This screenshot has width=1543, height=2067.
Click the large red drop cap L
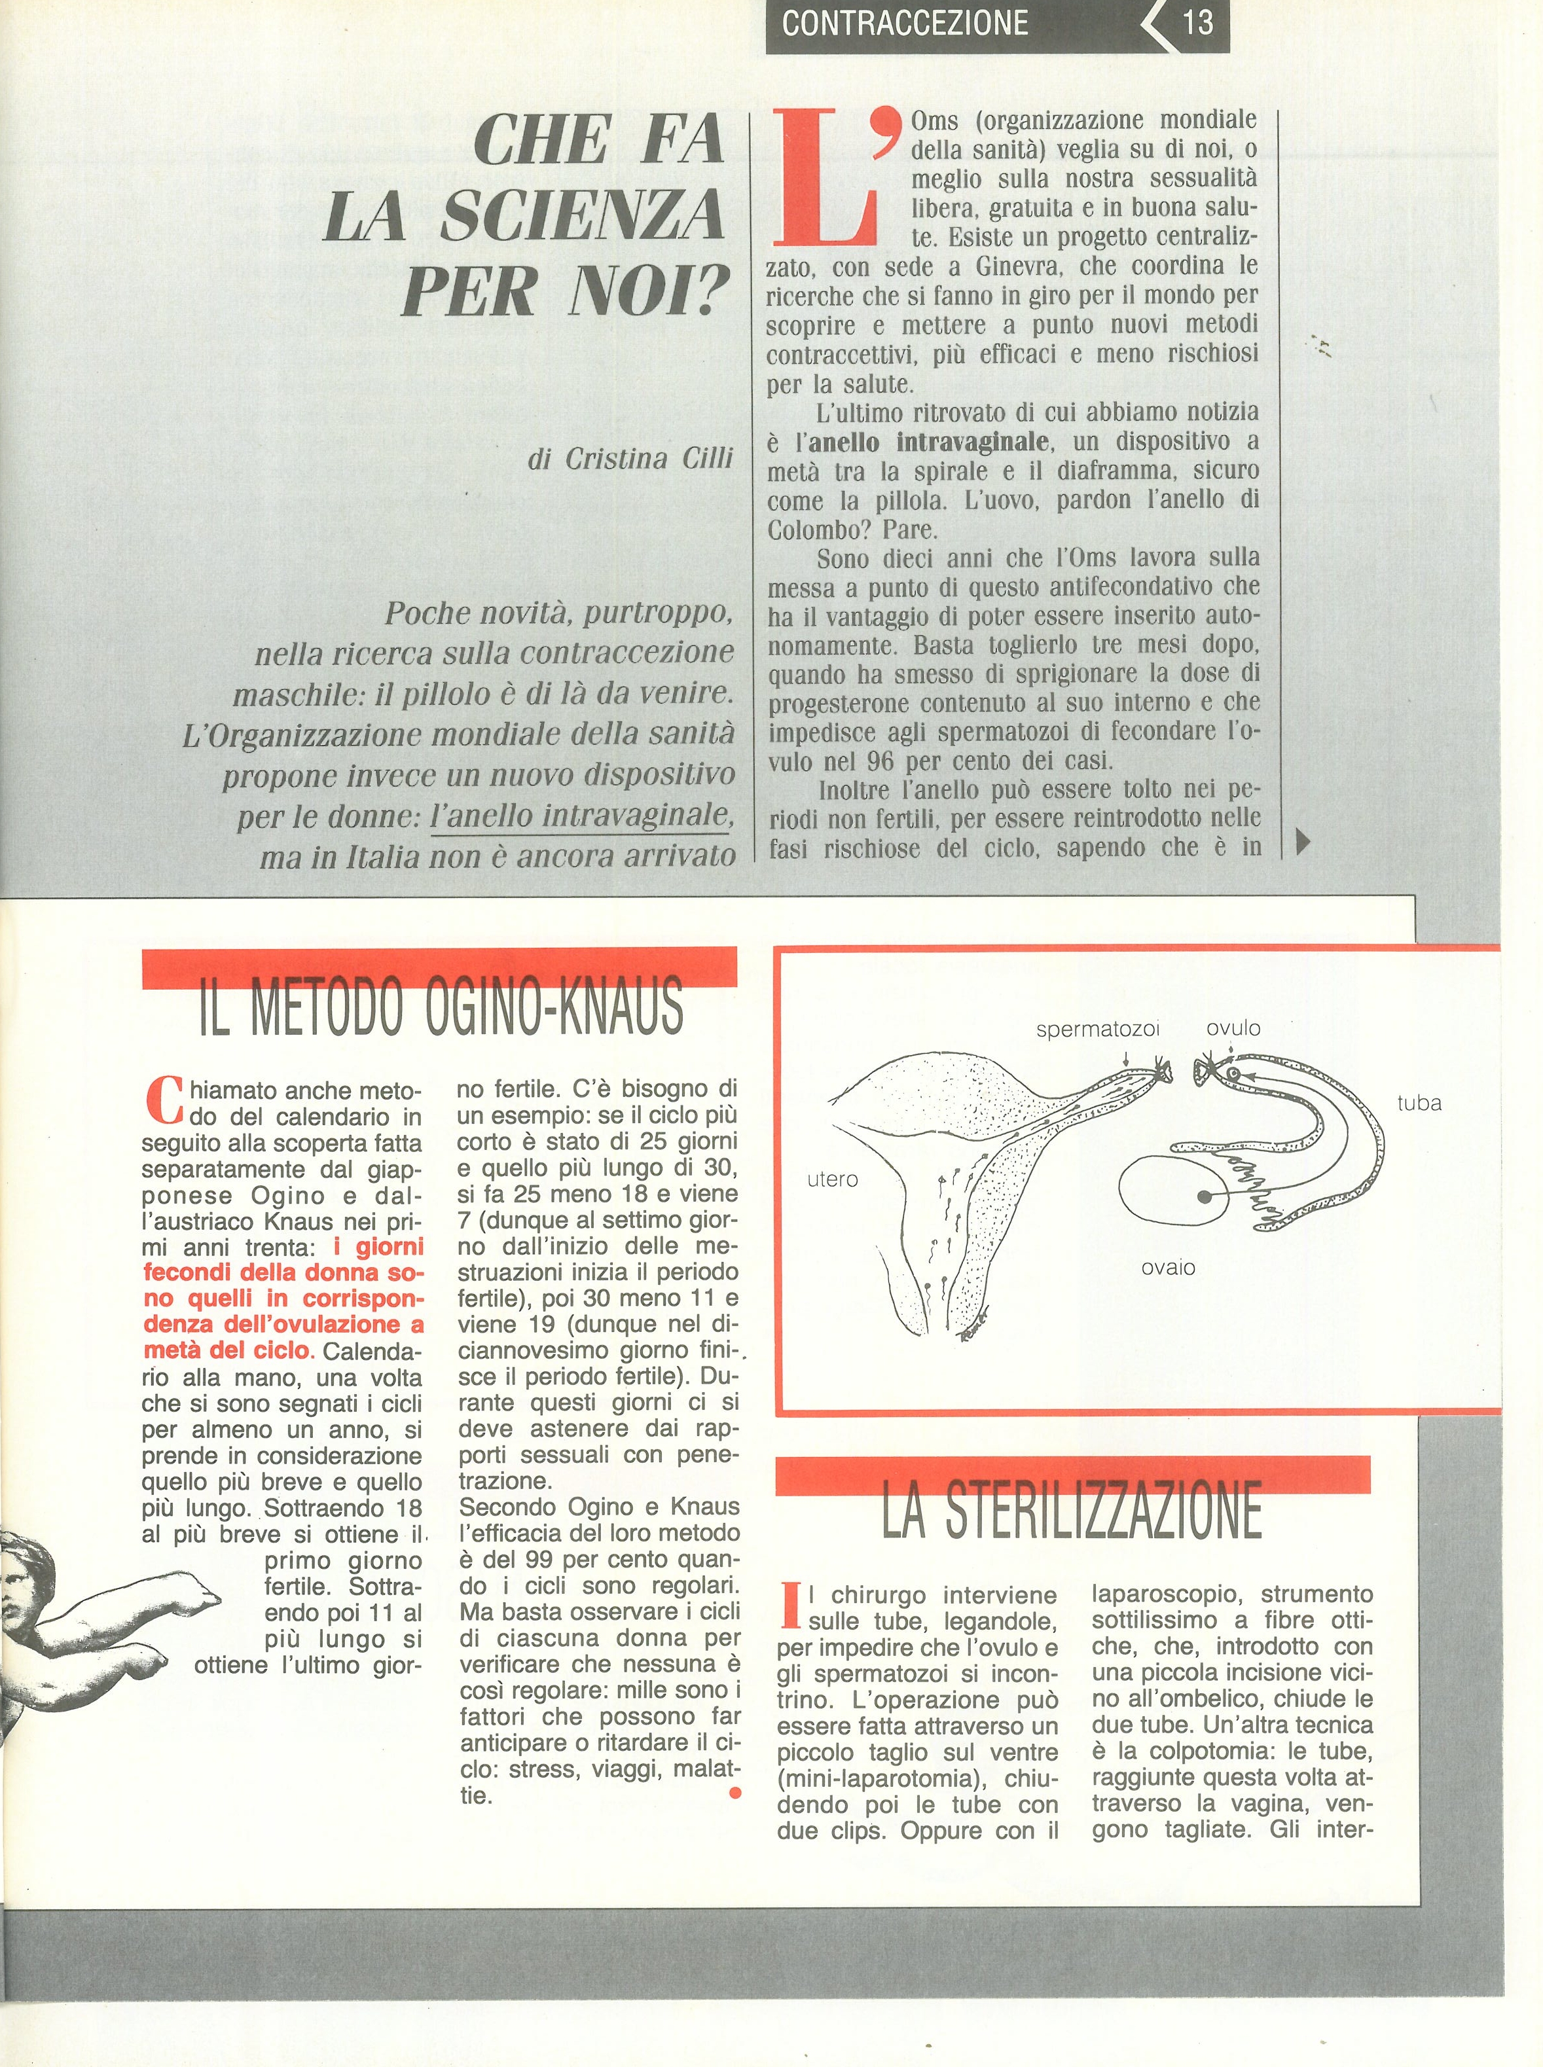point(826,177)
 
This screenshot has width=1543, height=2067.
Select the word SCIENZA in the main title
point(581,215)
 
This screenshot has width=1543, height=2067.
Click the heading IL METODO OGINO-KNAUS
point(440,1007)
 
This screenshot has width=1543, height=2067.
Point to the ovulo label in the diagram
point(1233,1028)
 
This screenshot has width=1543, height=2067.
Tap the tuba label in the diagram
point(1419,1104)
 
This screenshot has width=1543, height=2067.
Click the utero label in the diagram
point(832,1179)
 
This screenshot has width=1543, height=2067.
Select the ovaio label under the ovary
point(1167,1268)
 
